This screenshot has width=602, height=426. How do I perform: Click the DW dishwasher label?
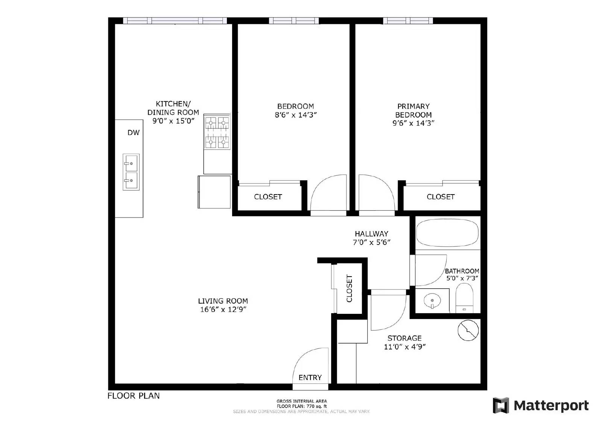click(x=134, y=132)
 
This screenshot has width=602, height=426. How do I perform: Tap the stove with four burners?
click(x=217, y=132)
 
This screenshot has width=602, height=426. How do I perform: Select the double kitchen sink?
click(x=131, y=172)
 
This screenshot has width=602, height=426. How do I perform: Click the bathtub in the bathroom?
click(x=447, y=233)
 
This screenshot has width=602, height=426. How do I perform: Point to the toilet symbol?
click(x=464, y=298)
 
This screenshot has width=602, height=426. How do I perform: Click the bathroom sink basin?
click(x=432, y=301)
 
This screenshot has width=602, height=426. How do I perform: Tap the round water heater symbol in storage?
click(x=468, y=331)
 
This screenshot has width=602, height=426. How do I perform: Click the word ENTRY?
click(x=310, y=377)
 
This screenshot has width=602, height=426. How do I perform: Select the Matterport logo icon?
click(x=501, y=405)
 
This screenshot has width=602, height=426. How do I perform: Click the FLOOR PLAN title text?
click(x=134, y=396)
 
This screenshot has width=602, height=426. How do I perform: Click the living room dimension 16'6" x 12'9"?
click(x=223, y=310)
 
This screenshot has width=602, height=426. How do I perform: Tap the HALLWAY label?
click(x=371, y=234)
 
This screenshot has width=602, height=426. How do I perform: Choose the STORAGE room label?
click(x=404, y=338)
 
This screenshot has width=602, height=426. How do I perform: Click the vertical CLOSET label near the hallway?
click(x=349, y=289)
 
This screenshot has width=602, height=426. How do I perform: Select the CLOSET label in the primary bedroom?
click(x=441, y=197)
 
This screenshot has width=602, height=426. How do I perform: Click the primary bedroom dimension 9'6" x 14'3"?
click(x=413, y=123)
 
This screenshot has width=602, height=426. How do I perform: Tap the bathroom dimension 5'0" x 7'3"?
click(x=462, y=278)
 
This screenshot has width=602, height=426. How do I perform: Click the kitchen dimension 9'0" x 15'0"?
click(x=173, y=121)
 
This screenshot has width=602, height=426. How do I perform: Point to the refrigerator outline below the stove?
click(x=214, y=192)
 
